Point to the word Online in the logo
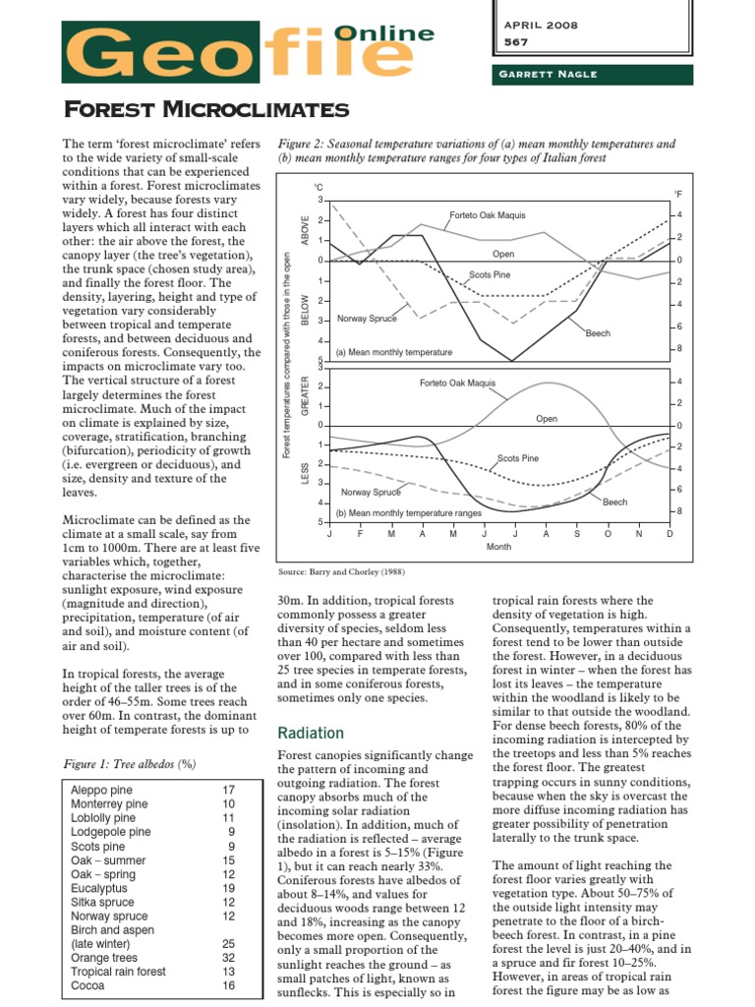pos(384,33)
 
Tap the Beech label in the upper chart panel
pos(598,333)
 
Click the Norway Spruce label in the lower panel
pos(371,492)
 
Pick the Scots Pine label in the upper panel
pos(489,274)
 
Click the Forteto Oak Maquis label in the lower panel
pos(457,383)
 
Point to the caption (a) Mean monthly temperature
pos(394,351)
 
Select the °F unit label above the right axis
pos(678,194)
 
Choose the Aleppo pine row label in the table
pos(101,790)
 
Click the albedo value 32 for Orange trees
pos(228,957)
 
